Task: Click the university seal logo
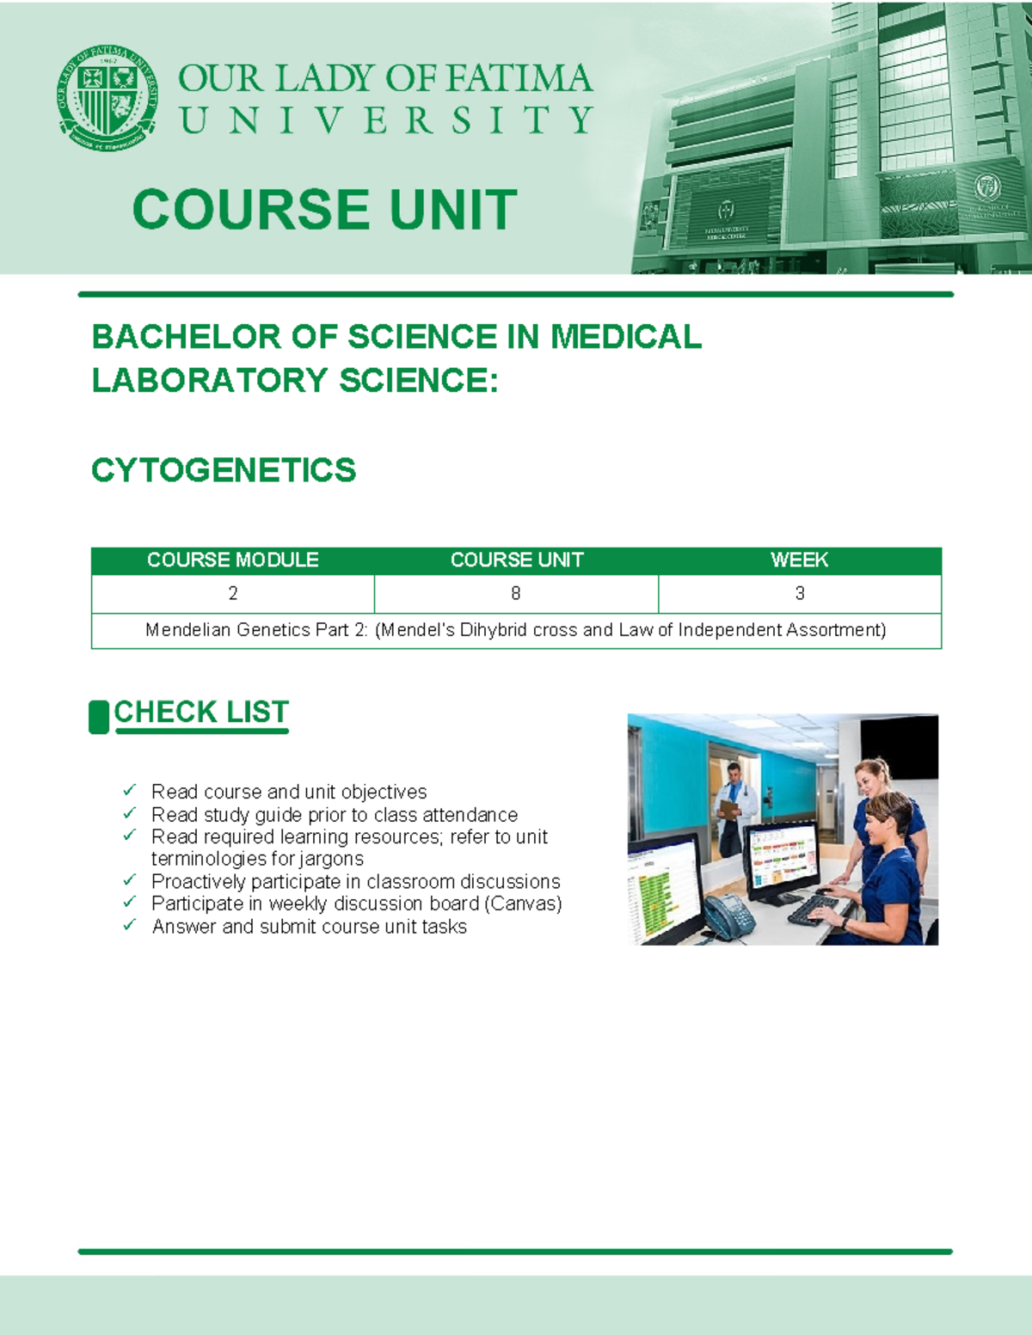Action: pos(107,96)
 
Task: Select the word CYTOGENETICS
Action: pos(224,470)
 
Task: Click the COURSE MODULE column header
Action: pos(232,560)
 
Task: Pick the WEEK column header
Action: pos(799,560)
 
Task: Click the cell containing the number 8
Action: pos(516,593)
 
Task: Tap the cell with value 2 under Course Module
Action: pos(233,593)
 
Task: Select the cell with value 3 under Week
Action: pos(800,593)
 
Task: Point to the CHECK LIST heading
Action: pos(201,713)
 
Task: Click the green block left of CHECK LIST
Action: pos(99,717)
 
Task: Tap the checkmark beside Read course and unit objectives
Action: pos(129,789)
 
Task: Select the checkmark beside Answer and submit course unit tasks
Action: pos(129,925)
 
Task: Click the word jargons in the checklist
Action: pos(331,859)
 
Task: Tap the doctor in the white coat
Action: pos(734,808)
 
